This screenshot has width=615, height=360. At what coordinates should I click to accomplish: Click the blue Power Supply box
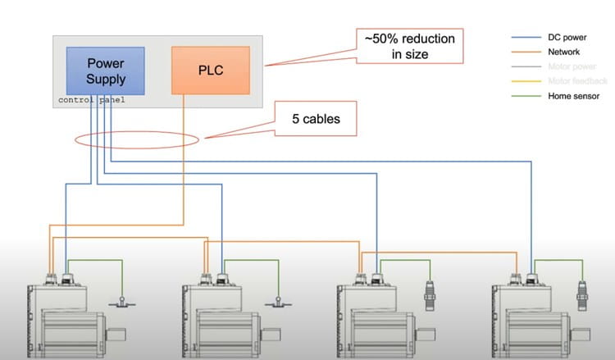click(106, 71)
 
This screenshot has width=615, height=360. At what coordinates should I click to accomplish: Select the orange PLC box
click(210, 70)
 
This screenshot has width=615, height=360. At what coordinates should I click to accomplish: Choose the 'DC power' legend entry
click(566, 37)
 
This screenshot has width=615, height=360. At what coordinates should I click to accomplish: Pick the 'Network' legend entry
click(563, 52)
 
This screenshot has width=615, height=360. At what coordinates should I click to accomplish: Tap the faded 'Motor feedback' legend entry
click(576, 81)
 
